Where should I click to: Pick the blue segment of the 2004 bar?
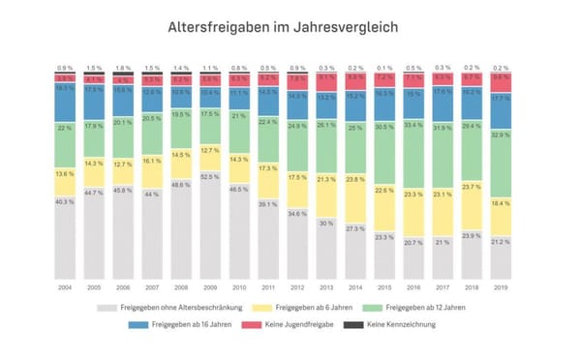click(x=65, y=103)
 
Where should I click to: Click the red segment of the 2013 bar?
click(x=326, y=79)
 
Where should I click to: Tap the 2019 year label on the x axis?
click(x=502, y=288)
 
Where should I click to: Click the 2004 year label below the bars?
click(x=65, y=288)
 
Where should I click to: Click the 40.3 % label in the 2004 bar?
click(x=65, y=201)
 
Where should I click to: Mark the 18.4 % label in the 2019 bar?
click(x=502, y=203)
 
